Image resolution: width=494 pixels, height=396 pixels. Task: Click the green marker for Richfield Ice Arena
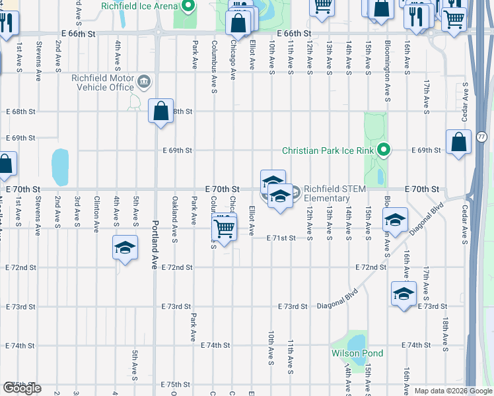pyautogui.click(x=188, y=7)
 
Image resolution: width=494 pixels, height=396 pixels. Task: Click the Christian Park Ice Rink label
pyautogui.click(x=328, y=150)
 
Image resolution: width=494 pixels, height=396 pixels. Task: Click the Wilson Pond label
pyautogui.click(x=357, y=353)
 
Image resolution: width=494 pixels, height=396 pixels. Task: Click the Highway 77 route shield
pyautogui.click(x=481, y=137)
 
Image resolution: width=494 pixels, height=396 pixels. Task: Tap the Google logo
pyautogui.click(x=22, y=387)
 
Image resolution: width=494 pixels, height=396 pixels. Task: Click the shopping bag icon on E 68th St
pyautogui.click(x=161, y=110)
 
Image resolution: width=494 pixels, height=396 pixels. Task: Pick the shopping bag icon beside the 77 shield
pyautogui.click(x=458, y=142)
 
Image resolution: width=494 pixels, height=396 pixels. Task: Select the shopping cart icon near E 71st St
pyautogui.click(x=225, y=228)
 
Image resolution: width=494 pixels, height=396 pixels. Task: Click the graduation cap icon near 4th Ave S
pyautogui.click(x=124, y=247)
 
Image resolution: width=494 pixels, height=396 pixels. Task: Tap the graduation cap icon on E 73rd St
pyautogui.click(x=404, y=294)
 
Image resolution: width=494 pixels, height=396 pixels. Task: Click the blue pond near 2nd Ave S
pyautogui.click(x=60, y=167)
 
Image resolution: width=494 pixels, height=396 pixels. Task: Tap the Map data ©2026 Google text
pyautogui.click(x=453, y=391)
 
